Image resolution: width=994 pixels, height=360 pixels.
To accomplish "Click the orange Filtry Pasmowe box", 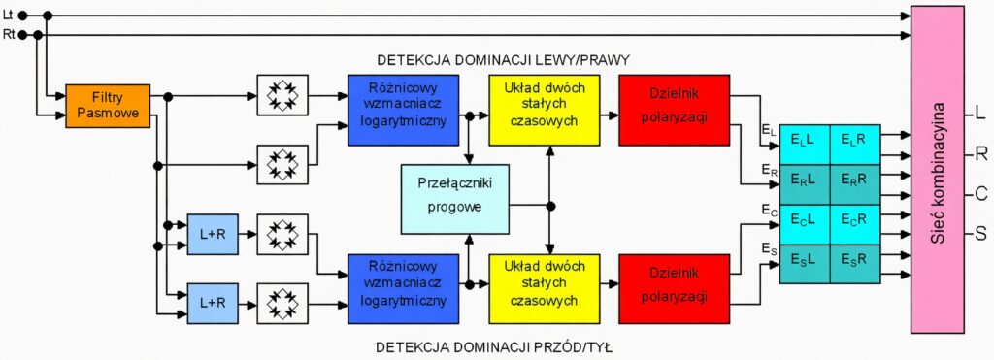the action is click(108, 106).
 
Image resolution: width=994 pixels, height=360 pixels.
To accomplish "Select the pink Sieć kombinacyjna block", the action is click(937, 169).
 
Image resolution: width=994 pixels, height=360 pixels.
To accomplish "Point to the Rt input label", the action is click(8, 34).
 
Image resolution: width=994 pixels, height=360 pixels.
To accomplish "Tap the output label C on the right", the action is click(980, 195).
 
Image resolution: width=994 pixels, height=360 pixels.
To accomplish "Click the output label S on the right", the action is click(980, 235).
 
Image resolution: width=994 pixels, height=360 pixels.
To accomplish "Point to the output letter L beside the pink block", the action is click(980, 115).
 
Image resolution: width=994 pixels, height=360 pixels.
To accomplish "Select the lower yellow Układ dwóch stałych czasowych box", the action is click(544, 284).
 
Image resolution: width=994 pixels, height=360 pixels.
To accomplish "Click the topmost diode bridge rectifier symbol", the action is click(282, 95).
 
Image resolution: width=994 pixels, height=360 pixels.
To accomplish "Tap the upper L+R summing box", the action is click(213, 235).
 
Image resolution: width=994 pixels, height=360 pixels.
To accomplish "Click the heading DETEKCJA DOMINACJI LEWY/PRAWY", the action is click(503, 61).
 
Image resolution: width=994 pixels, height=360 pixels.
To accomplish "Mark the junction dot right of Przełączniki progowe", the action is click(550, 206).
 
